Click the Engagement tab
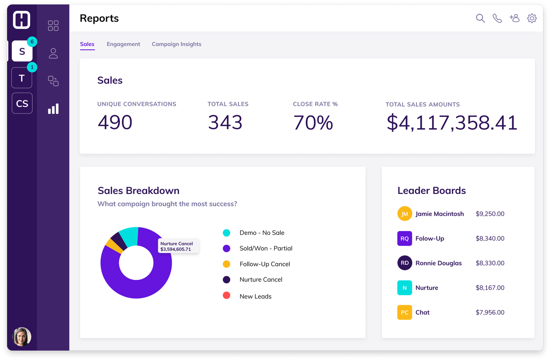[x=123, y=44]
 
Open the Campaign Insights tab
[x=176, y=44]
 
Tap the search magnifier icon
[x=480, y=18]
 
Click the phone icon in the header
[x=497, y=18]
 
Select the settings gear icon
[x=531, y=18]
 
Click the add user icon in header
[x=514, y=18]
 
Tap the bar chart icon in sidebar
[x=53, y=109]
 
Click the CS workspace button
[x=22, y=103]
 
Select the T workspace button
[x=22, y=78]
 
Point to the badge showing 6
[x=32, y=42]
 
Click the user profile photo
[x=22, y=336]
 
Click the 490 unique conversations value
[x=115, y=122]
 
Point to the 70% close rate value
[x=313, y=123]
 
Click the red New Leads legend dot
[x=226, y=296]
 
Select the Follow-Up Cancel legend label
[x=265, y=264]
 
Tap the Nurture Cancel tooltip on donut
[x=178, y=246]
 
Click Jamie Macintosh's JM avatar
[x=404, y=214]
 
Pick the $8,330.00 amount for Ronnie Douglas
[x=490, y=263]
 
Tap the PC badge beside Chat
[x=404, y=313]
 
